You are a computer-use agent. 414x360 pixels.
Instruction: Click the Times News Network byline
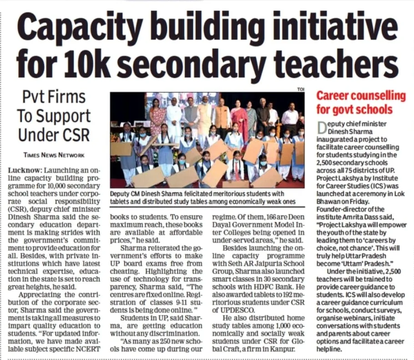coord(54,155)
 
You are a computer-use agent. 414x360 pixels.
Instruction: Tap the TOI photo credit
coord(300,90)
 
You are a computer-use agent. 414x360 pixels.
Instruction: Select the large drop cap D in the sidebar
coord(322,128)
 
